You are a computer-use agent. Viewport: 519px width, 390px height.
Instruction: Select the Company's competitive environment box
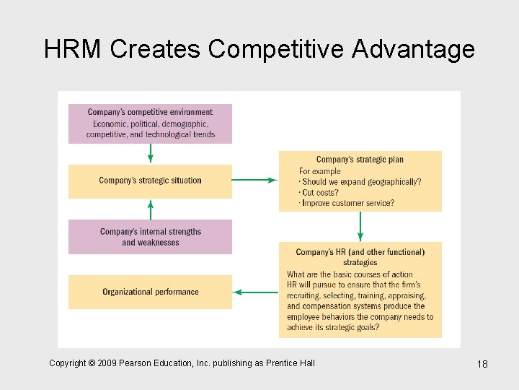[x=150, y=123]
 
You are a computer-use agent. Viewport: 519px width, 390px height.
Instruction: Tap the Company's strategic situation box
[x=150, y=181]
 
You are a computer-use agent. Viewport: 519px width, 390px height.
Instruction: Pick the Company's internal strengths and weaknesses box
[x=150, y=237]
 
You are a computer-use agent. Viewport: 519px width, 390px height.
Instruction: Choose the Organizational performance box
[x=150, y=292]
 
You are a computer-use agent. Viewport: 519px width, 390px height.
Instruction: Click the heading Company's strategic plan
[x=360, y=160]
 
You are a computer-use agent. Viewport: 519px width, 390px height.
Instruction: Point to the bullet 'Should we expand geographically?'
[x=361, y=182]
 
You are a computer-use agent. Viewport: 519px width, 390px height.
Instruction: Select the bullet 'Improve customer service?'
[x=347, y=204]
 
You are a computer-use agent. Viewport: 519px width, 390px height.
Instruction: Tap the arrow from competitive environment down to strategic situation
[x=150, y=153]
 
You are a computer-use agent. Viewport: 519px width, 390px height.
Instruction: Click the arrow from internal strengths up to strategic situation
[x=150, y=209]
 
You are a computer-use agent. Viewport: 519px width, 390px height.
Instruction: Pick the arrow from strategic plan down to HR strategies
[x=360, y=227]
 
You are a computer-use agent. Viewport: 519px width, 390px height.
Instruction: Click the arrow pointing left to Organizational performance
[x=256, y=292]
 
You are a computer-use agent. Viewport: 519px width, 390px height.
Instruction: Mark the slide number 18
[x=482, y=364]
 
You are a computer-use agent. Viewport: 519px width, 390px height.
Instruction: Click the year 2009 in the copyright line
[x=105, y=363]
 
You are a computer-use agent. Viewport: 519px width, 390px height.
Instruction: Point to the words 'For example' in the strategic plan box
[x=320, y=171]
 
